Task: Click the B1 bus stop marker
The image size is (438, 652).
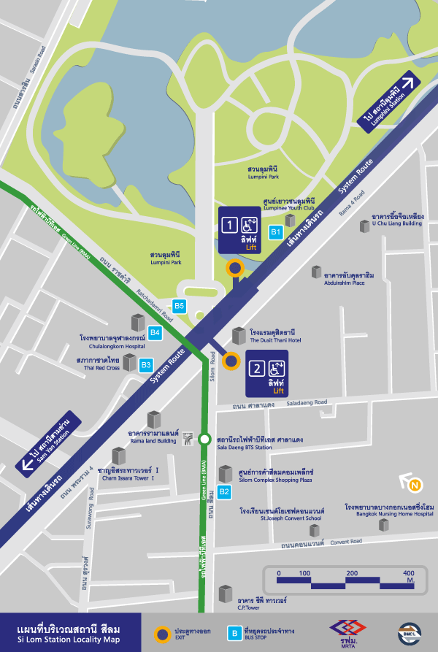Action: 276,232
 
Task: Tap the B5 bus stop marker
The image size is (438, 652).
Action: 180,306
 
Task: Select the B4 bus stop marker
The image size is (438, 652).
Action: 155,333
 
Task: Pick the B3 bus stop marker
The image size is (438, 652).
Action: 146,364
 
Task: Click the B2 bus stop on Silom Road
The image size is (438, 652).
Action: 225,491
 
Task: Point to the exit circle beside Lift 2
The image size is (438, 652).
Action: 231,360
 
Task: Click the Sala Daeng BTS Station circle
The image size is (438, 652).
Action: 205,439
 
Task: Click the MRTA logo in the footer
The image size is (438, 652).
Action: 347,631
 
